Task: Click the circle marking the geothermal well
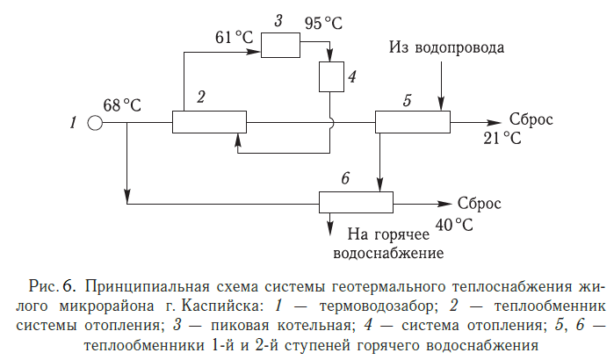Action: point(94,123)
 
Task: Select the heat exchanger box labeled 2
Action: point(207,122)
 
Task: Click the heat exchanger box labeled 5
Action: point(413,122)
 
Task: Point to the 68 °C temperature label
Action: point(122,105)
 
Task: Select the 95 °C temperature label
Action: point(324,23)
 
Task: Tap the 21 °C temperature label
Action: point(502,139)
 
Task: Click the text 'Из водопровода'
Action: point(448,45)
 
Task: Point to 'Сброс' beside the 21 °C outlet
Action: point(531,120)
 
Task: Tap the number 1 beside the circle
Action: point(73,123)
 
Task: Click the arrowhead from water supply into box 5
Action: point(442,105)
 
